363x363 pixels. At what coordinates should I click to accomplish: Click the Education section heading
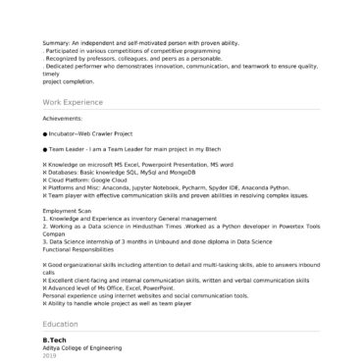click(x=62, y=323)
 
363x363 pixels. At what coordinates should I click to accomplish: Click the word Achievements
click(x=64, y=120)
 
